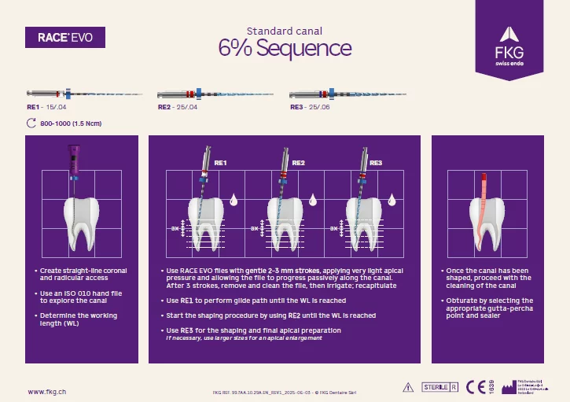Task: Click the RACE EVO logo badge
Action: point(65,38)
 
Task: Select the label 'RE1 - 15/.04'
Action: point(45,106)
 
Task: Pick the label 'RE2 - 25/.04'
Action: point(178,106)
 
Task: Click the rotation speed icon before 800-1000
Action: point(31,123)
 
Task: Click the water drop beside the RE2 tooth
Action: point(313,198)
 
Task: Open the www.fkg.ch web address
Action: point(46,391)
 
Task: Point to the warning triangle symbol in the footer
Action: point(407,387)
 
